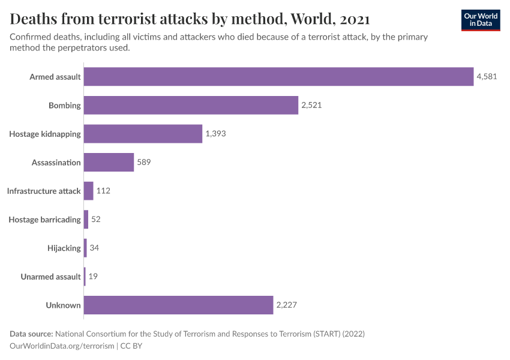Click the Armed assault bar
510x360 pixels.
tap(278, 77)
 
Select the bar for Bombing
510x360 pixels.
tap(191, 106)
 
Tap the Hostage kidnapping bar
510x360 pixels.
tap(143, 134)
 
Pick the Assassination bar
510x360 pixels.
tap(109, 163)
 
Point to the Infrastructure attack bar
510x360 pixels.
tap(89, 191)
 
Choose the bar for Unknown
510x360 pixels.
tap(178, 305)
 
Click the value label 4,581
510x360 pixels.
tap(487, 77)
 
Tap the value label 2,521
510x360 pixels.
tap(312, 106)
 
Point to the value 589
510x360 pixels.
tap(144, 163)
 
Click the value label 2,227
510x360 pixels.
tap(287, 305)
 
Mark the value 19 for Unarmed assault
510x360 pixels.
tap(93, 277)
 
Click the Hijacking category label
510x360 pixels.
tap(64, 248)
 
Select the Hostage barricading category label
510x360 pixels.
tap(44, 220)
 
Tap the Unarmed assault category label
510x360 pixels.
tap(50, 277)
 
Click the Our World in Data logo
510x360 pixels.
tap(481, 20)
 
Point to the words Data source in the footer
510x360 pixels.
tap(31, 334)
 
